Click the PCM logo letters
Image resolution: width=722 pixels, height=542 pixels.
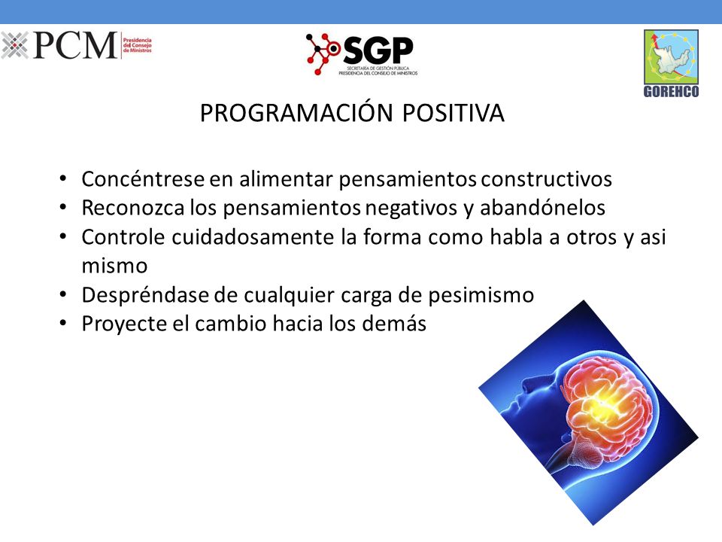point(75,45)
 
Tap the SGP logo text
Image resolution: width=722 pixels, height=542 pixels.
point(378,50)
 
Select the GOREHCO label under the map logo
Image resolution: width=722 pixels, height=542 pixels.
point(671,91)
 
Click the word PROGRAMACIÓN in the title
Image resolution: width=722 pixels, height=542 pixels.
point(296,113)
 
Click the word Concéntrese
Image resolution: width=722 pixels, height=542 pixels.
point(143,179)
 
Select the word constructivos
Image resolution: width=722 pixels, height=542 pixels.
point(547,179)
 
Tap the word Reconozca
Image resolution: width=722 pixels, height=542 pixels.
point(133,208)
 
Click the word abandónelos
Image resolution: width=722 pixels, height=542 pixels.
point(542,208)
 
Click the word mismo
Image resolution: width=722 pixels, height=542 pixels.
point(114,266)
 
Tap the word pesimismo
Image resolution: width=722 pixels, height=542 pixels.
point(481,295)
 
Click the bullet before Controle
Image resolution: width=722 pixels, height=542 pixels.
point(63,236)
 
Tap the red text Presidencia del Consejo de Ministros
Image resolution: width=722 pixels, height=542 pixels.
point(137,45)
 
